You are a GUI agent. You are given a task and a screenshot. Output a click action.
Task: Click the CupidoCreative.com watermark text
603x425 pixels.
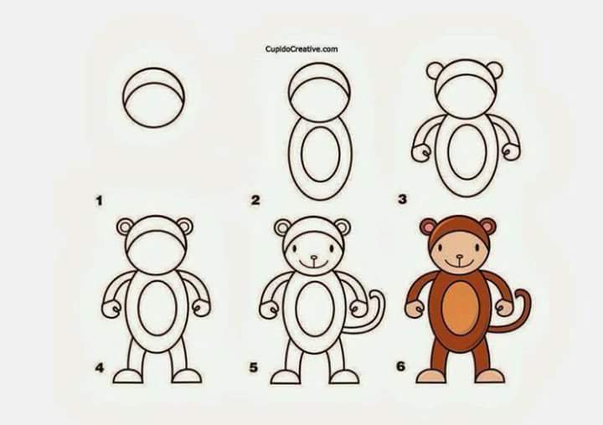[x=301, y=49]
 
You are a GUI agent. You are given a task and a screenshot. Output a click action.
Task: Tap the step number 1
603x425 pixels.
[x=100, y=201]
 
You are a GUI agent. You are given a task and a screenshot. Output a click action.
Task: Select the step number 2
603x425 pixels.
[x=255, y=200]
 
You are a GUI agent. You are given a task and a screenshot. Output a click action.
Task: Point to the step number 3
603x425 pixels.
[x=402, y=199]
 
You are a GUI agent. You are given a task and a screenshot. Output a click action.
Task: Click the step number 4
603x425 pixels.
[x=100, y=368]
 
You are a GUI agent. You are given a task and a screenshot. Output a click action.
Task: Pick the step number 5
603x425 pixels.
[x=253, y=367]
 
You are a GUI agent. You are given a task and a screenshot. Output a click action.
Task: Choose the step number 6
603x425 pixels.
[x=400, y=366]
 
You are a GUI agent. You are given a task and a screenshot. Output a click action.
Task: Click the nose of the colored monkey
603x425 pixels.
[x=459, y=256]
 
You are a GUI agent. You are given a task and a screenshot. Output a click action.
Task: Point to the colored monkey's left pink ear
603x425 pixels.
[x=428, y=227]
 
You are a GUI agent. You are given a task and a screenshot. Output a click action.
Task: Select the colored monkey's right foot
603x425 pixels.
[x=490, y=376]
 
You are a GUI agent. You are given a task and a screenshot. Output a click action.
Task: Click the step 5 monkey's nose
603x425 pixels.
[x=314, y=258]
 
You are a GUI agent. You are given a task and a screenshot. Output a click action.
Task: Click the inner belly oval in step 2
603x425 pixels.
[x=321, y=155]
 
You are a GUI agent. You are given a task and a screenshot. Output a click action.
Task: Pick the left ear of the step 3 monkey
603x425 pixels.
[x=435, y=71]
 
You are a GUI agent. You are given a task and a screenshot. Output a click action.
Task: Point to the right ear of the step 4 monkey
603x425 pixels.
[x=184, y=227]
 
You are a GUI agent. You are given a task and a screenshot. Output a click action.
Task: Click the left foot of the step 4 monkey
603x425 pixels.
[x=127, y=376]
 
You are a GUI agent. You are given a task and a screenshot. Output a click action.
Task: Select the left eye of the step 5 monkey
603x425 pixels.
[x=295, y=248]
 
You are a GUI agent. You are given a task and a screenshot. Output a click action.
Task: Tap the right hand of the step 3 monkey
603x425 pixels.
[x=512, y=151]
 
